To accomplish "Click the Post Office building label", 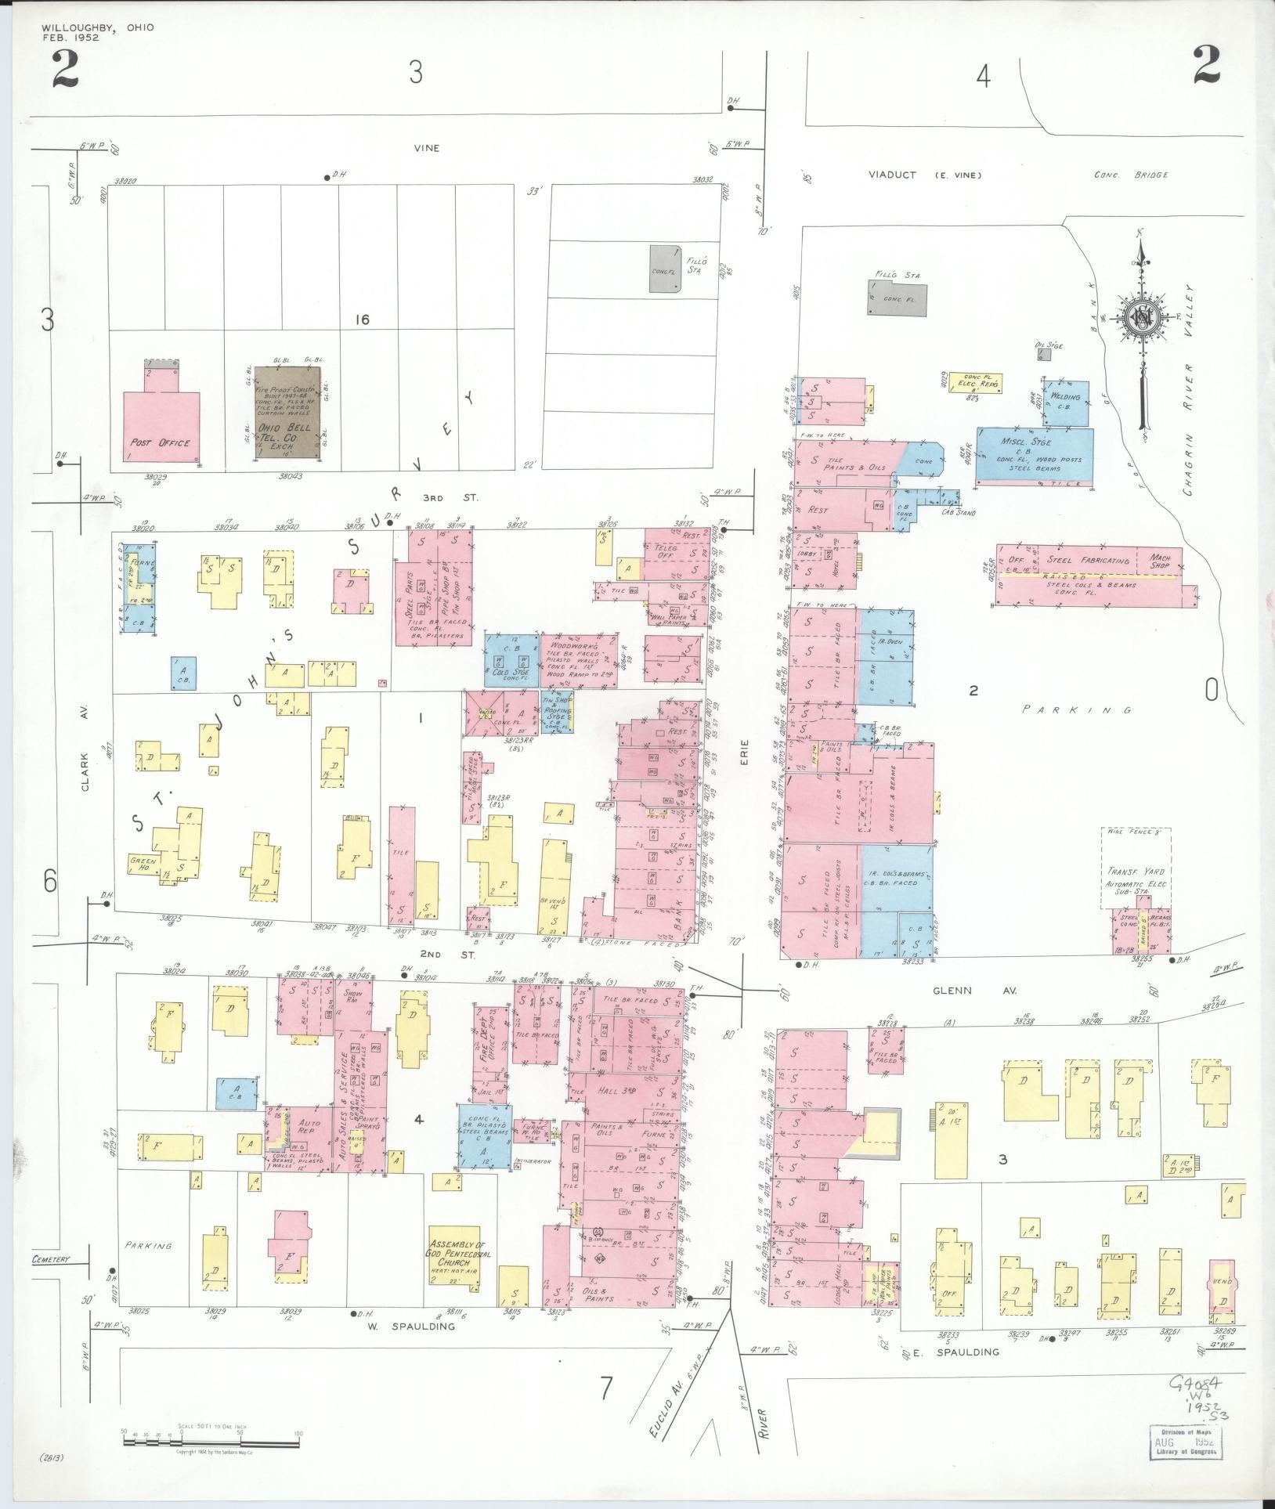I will coord(160,443).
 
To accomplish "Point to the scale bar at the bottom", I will coord(211,1432).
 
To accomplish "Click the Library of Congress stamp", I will coord(1187,1442).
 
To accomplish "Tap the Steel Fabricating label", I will coord(1088,561).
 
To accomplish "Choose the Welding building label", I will coord(1066,398).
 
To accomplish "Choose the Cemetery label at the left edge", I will coord(52,1260).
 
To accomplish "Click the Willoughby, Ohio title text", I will coord(99,28).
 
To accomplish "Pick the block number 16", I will coord(361,319).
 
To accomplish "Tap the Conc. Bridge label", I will coord(1132,175).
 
